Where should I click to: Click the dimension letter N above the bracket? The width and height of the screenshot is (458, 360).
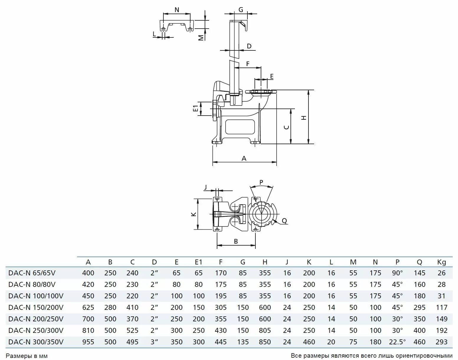point(177,10)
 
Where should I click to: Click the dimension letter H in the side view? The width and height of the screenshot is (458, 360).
point(304,118)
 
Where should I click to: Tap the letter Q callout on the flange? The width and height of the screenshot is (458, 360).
point(284,221)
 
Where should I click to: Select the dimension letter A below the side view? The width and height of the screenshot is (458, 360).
point(244,158)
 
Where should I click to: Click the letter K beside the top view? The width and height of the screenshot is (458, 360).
point(194,214)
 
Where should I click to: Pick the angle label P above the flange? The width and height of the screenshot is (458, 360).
point(261,182)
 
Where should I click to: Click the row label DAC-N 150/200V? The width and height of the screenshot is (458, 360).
point(36,308)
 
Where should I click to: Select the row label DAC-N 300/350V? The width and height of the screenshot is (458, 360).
point(36,342)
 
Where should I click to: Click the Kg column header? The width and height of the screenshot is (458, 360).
point(441,262)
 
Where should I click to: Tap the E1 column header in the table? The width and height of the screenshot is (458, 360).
point(198,262)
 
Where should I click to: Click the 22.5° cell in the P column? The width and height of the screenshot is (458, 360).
point(397,342)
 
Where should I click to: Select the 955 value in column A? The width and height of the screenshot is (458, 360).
point(88,342)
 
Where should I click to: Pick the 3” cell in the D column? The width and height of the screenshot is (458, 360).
point(155,342)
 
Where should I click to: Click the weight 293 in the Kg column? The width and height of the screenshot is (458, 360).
point(441,342)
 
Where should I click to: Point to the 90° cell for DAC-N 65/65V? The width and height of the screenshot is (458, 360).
point(397,273)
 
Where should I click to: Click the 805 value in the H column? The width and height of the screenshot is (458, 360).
point(265,331)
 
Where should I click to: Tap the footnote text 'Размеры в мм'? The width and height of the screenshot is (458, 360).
point(27,356)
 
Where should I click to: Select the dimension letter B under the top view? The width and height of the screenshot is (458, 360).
point(236,241)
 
